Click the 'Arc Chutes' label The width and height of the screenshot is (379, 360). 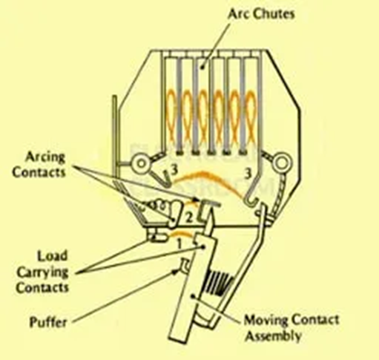coord(261,14)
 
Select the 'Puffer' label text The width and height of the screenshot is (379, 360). coord(48,322)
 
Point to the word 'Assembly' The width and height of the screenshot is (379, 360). coord(274,336)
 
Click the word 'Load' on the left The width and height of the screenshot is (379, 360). coord(52,256)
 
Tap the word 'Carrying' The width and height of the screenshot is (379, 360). coord(42,272)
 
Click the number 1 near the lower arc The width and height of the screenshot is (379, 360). coord(179,244)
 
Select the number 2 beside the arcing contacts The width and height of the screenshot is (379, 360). coord(188,218)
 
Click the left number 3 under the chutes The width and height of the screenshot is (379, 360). coord(174,170)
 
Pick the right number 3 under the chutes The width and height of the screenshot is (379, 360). coord(248,174)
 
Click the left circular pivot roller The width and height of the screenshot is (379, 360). coord(141,163)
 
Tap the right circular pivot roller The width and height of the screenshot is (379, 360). coord(280,163)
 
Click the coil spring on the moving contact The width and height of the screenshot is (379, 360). coord(218,283)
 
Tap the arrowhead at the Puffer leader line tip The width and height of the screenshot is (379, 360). coord(176,272)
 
